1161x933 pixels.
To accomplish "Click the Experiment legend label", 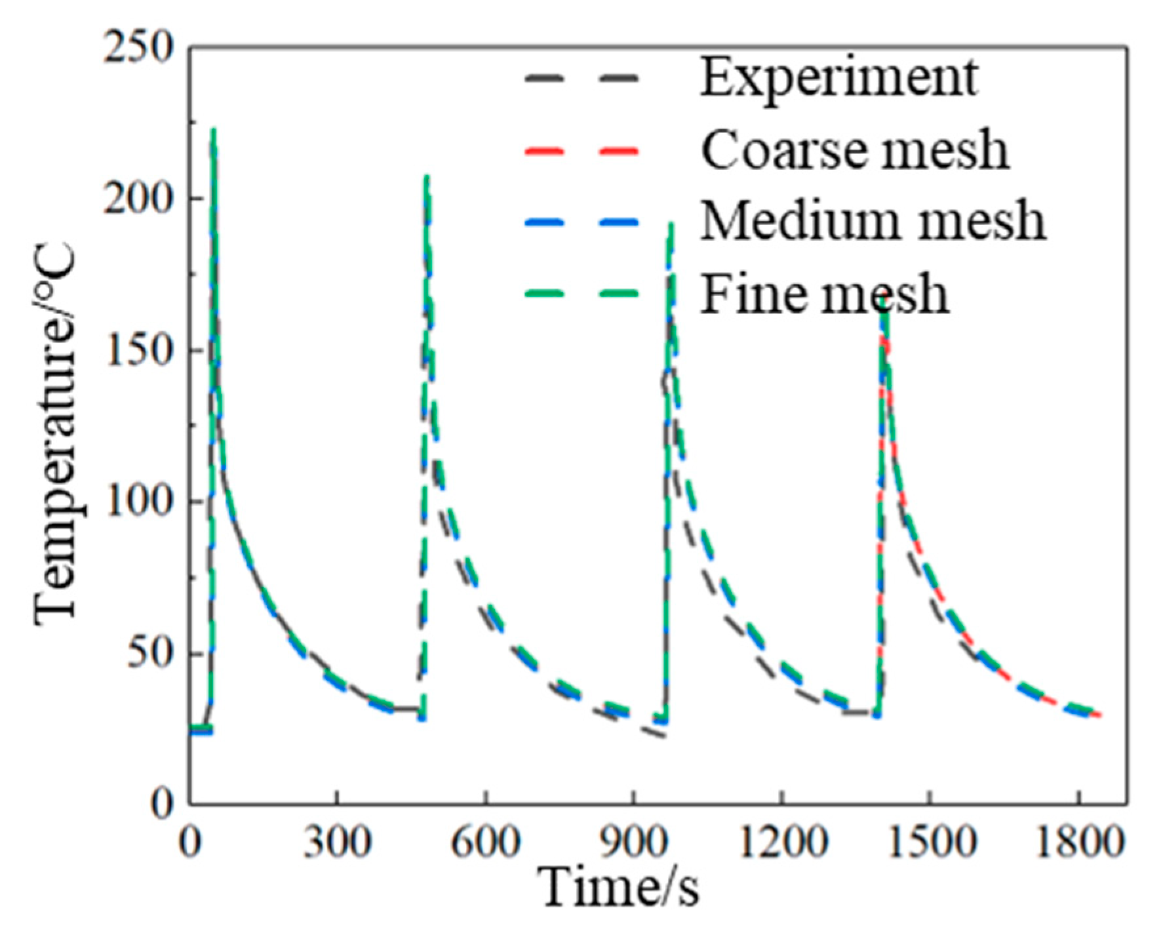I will pos(839,78).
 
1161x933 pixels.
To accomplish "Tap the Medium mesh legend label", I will pos(873,222).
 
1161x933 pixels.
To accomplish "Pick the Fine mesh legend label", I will pos(825,294).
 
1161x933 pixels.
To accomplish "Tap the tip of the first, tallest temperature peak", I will pos(213,130).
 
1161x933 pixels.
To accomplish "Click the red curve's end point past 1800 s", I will pos(1100,715).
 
